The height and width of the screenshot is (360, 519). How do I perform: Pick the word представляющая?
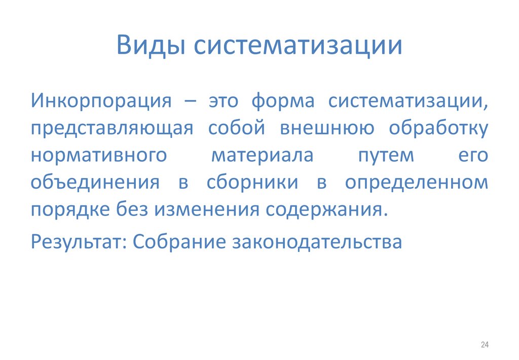click(112, 128)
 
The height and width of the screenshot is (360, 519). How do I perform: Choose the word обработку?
click(438, 128)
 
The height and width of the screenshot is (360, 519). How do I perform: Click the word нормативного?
click(98, 156)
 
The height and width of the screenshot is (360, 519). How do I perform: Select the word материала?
click(262, 156)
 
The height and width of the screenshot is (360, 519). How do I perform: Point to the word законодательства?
click(317, 242)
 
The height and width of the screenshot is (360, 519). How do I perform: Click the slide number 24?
click(484, 345)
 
